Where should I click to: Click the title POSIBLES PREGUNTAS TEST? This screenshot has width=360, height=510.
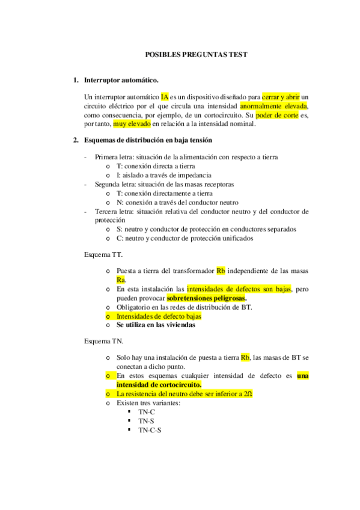coord(197,55)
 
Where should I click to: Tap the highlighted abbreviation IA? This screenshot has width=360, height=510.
coord(165,96)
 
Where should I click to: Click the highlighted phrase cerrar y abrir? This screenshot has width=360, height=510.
coord(280,96)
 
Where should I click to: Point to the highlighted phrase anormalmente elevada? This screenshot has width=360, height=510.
coord(273,106)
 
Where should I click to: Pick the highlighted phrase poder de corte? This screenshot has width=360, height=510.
coord(277,115)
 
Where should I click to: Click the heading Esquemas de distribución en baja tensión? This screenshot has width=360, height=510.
coord(148,141)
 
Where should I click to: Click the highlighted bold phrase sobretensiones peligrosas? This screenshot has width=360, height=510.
coord(207,298)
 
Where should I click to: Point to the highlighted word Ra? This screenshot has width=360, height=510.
coord(121,280)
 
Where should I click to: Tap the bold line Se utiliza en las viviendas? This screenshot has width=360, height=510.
coord(156,325)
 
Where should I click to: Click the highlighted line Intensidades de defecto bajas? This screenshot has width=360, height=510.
coord(159,316)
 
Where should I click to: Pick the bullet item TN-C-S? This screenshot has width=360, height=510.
coord(150,430)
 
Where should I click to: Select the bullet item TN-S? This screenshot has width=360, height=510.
coord(147,421)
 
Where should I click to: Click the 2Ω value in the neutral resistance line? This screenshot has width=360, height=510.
coord(248,394)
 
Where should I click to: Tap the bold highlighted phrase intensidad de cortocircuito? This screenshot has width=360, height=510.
coord(159,384)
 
